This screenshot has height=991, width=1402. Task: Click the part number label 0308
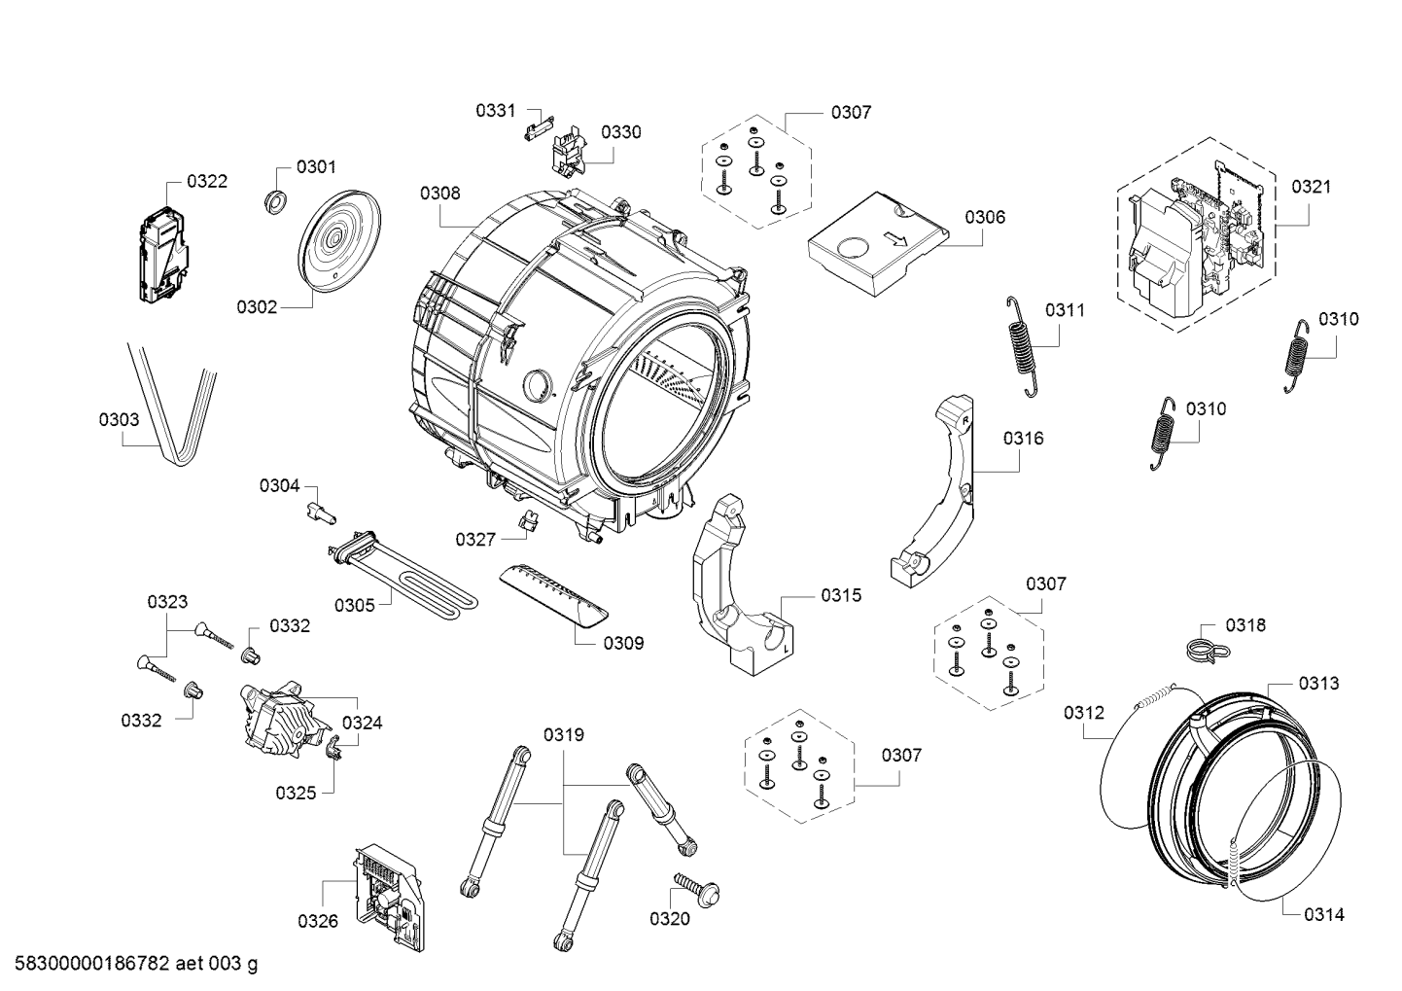click(x=440, y=193)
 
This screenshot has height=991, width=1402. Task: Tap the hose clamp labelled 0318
click(x=1208, y=651)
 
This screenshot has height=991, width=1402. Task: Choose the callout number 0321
click(x=1312, y=187)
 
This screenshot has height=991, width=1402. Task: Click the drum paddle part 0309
click(x=553, y=593)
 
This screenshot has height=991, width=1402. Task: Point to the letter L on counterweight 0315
click(x=786, y=649)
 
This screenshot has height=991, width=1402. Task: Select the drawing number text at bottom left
click(x=135, y=964)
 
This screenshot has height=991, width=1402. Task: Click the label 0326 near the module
click(x=318, y=921)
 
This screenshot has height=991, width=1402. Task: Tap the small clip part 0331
click(x=539, y=124)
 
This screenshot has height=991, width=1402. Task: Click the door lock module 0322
click(x=162, y=255)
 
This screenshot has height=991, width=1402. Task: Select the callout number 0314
click(x=1324, y=914)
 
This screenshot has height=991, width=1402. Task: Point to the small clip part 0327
click(x=530, y=519)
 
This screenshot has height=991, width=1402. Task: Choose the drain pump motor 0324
click(x=283, y=720)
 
